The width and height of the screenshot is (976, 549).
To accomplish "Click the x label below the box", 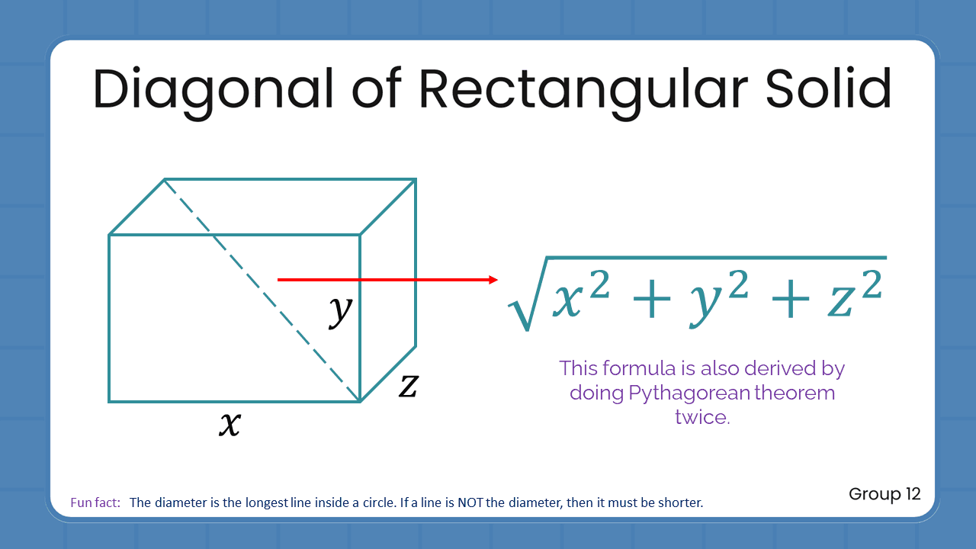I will coord(230,423).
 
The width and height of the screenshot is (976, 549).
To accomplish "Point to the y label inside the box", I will coord(341,310).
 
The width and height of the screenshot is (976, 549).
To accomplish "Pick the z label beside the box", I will coord(409,386).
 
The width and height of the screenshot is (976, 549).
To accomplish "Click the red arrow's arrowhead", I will coord(493,280).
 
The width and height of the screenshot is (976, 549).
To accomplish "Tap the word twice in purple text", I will coord(702,417).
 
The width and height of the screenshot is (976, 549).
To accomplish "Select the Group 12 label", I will coord(884,494).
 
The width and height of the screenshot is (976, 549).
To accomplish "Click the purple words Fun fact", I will coord(95,503).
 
